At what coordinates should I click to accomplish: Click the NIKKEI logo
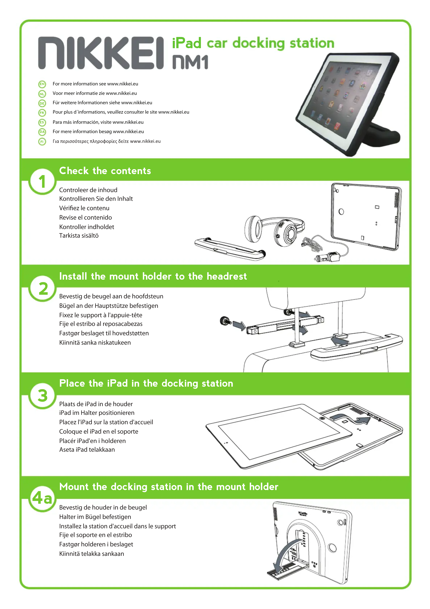(x=101, y=53)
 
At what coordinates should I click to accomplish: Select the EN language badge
(x=42, y=84)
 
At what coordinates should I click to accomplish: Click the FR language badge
(x=42, y=113)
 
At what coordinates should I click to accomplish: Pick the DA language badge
(x=42, y=132)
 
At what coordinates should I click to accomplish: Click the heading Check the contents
(x=105, y=171)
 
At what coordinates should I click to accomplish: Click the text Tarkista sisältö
(x=79, y=236)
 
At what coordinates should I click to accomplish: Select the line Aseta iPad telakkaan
(x=87, y=450)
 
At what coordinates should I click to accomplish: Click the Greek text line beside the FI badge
(x=107, y=141)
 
